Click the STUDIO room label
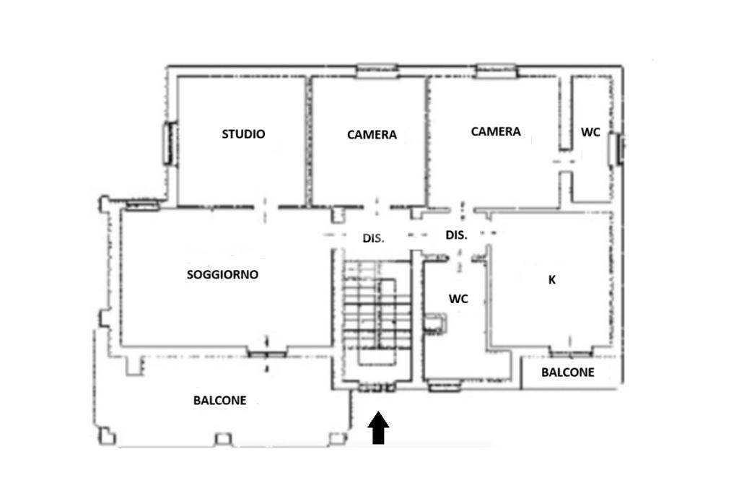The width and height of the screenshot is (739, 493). pos(243,134)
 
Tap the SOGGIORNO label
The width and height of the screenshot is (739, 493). pos(222,274)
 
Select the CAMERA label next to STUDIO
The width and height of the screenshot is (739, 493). pos(372,135)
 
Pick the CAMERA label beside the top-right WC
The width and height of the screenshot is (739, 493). pos(496,131)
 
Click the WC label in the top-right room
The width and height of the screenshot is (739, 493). pos(590,132)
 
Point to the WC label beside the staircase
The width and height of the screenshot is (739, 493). pos(458,299)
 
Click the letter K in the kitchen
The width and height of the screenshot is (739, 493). pos(552,280)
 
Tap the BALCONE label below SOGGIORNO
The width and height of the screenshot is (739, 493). pos(219,400)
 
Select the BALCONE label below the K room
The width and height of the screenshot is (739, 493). pos(567,372)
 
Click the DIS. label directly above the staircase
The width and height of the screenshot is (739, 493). pos(373,238)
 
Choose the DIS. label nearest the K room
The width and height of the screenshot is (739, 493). pos(456,235)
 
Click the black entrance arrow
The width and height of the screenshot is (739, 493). pos(378,428)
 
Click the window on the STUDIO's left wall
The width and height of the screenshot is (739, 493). pos(170,144)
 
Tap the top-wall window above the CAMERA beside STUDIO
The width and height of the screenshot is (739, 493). pos(377,71)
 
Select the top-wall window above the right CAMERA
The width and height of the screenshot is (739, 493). pos(497,71)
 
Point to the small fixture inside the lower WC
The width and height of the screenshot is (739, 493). pos(434,324)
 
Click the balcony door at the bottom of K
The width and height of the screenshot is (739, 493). pos(570,352)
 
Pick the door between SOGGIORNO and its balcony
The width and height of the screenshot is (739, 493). pos(267,354)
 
